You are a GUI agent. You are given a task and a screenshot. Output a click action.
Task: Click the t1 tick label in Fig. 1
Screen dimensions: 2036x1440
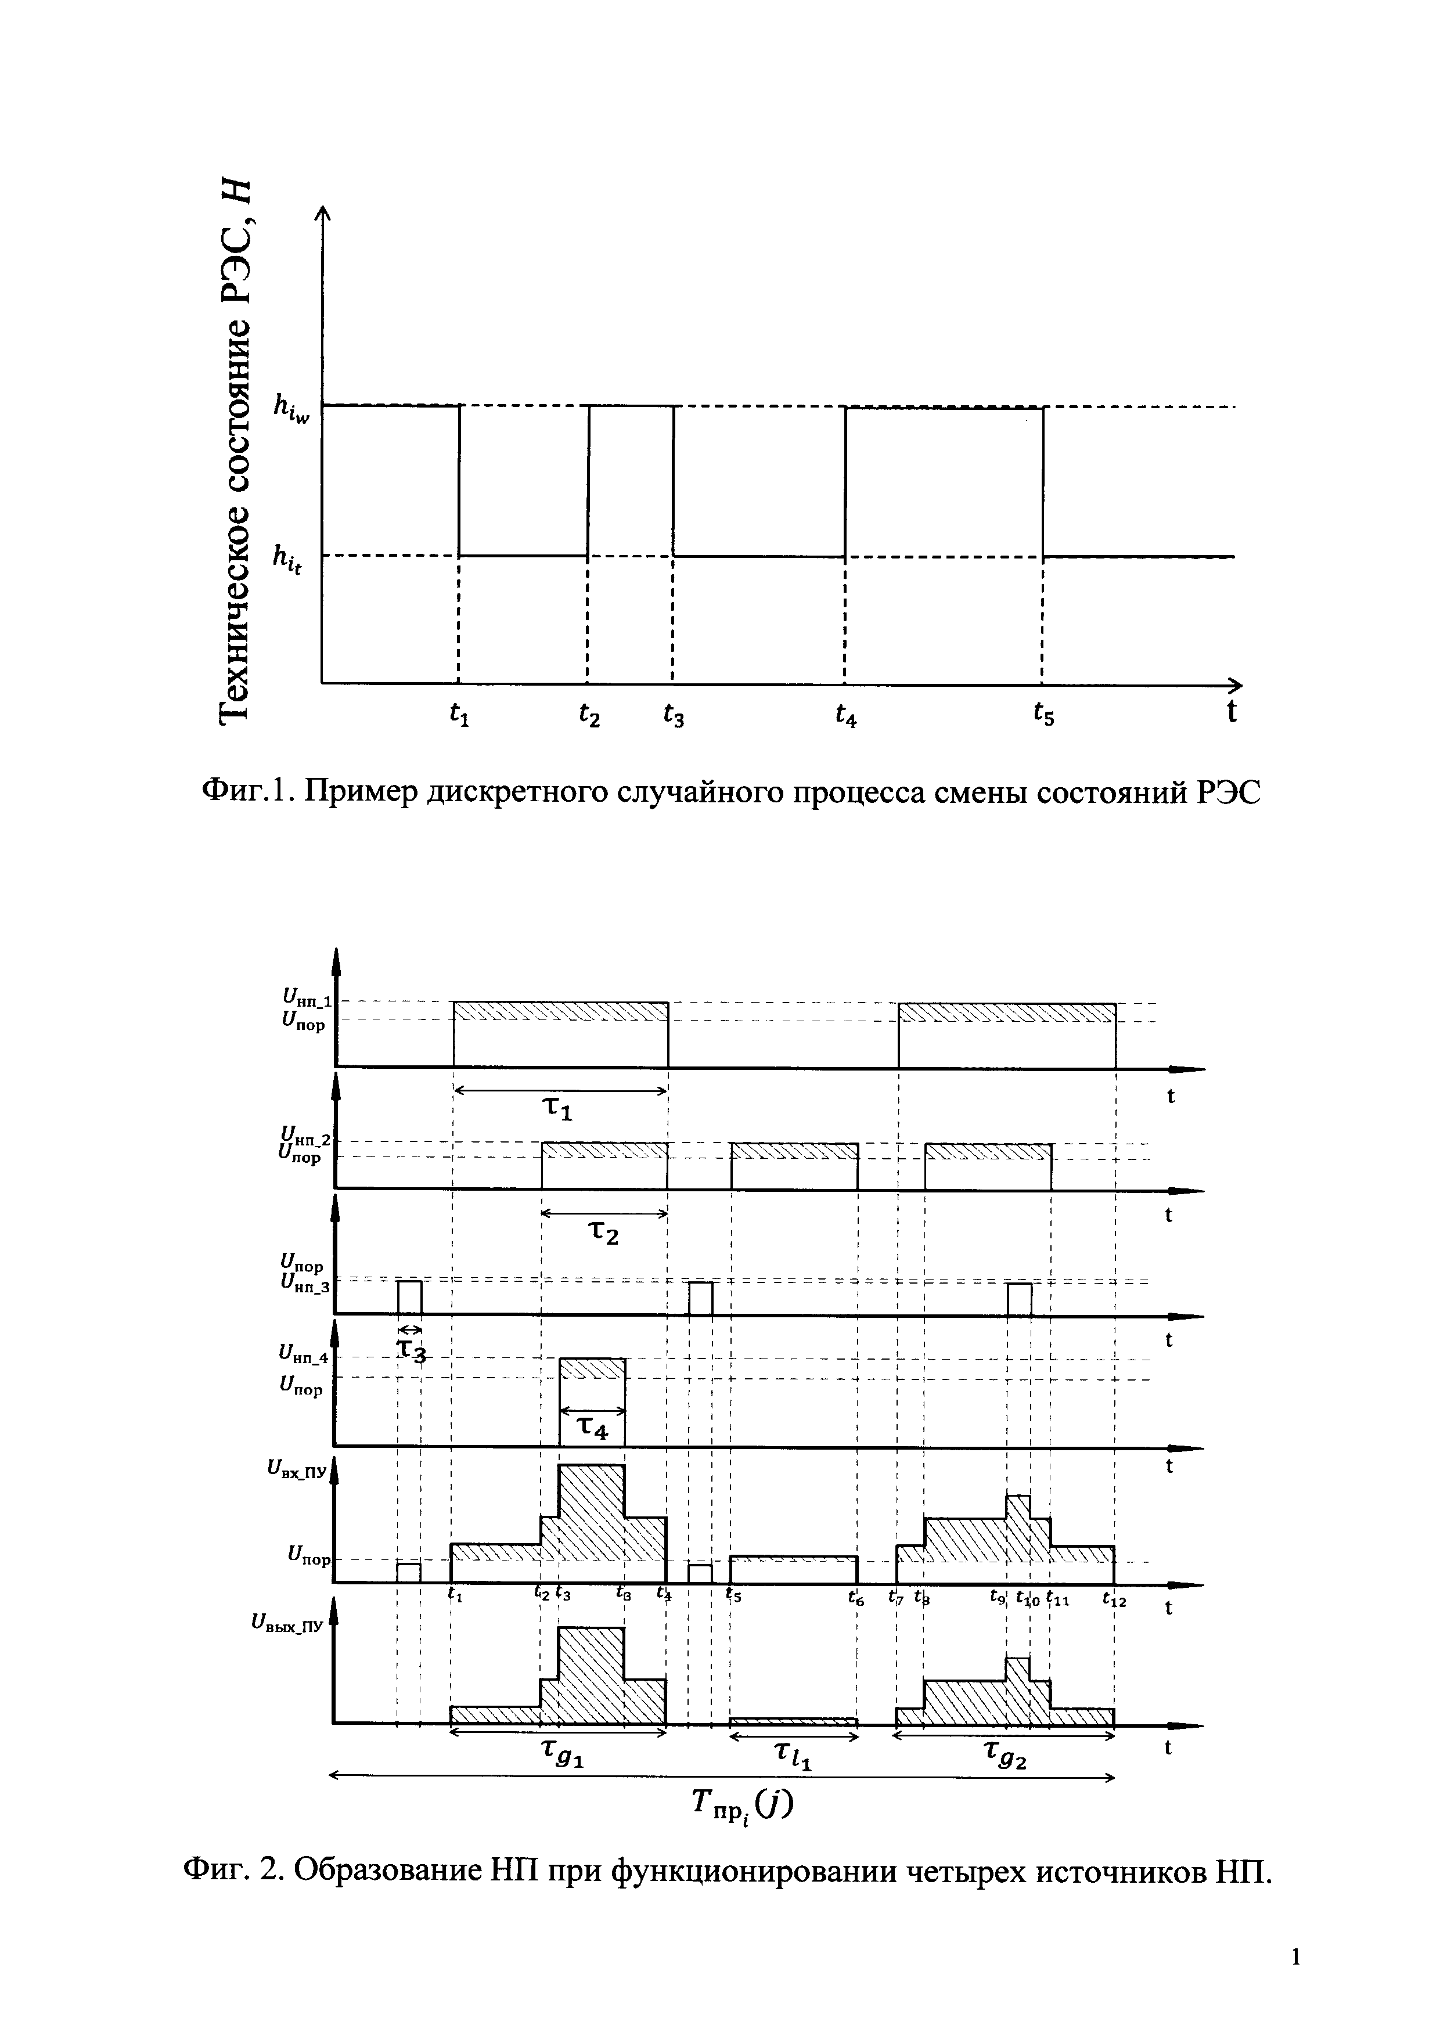coord(459,714)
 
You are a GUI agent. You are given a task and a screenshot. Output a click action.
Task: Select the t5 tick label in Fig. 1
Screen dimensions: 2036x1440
coord(1043,714)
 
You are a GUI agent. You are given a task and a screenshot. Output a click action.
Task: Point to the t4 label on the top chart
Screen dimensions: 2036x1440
coord(846,714)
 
